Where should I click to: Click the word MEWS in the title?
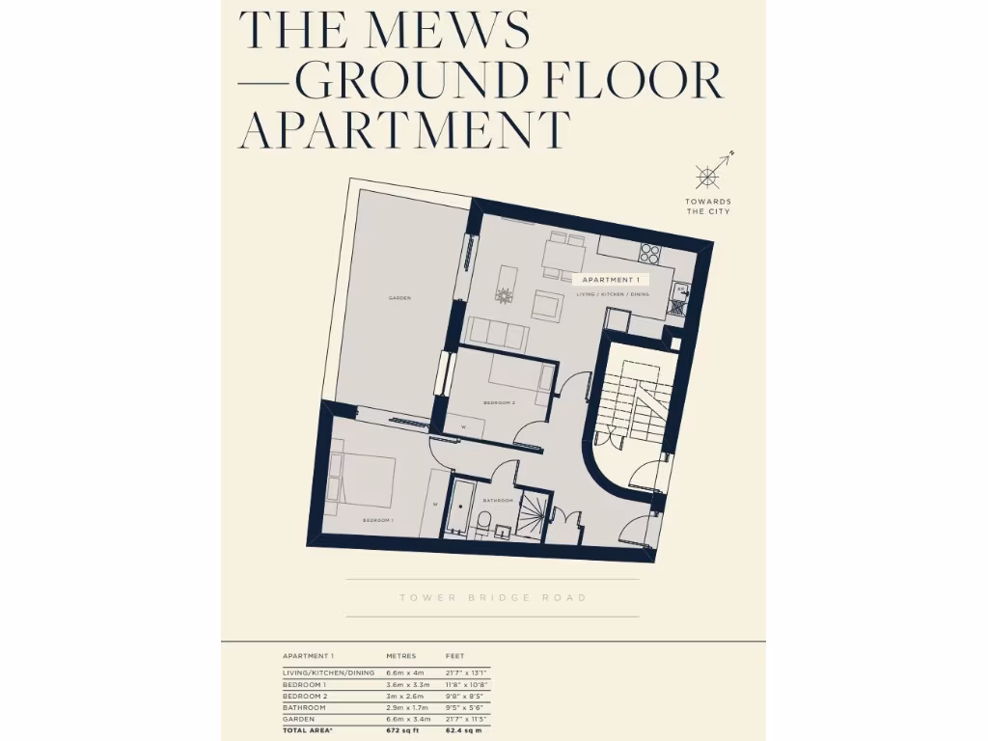pos(449,31)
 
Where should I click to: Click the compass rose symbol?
pos(708,177)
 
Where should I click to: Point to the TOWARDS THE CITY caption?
pos(708,206)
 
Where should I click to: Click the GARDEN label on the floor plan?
pos(399,298)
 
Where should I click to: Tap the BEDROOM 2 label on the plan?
pos(500,401)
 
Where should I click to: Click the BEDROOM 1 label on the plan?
pos(378,520)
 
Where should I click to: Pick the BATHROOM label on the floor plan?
pos(497,500)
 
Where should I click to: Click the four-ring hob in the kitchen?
pos(650,254)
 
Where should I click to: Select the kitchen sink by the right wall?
pos(679,307)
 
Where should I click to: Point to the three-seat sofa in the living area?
pos(498,335)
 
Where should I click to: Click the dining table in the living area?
pos(563,257)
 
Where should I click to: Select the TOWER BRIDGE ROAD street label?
pos(493,598)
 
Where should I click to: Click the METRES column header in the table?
pos(401,656)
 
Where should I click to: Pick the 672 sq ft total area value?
pos(402,730)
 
